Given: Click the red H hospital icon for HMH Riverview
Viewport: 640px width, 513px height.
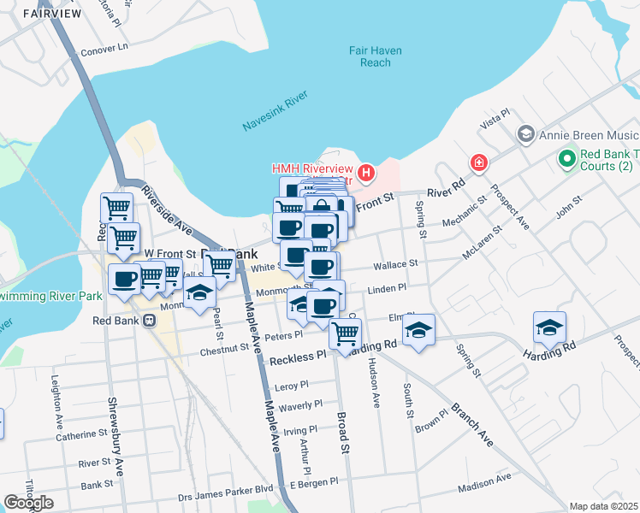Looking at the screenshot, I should point(366,174).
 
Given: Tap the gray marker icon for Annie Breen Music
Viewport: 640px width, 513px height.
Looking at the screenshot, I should point(526,135).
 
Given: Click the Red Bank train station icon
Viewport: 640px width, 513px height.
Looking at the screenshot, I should point(149,321).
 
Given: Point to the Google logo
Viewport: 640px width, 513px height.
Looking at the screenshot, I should point(29,503).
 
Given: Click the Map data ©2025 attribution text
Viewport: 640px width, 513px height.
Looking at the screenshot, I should point(604,506).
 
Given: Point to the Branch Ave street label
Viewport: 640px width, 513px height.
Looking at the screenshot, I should point(472,423).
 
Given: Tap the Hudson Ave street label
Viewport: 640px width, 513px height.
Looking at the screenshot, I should point(374,379).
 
